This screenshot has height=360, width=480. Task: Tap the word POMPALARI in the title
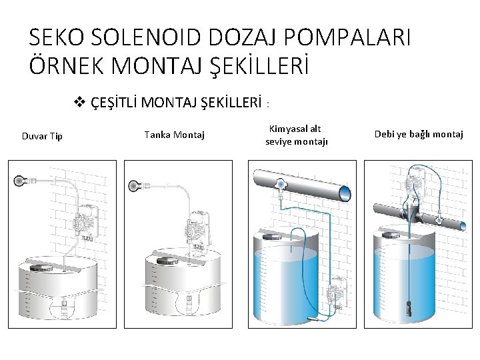(347, 37)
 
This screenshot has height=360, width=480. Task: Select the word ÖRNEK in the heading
(67, 64)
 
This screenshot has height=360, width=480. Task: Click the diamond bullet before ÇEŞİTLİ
(79, 102)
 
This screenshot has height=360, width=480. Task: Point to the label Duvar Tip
(42, 136)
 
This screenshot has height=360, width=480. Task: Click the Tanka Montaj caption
(175, 135)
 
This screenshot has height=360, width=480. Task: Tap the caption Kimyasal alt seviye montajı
(296, 135)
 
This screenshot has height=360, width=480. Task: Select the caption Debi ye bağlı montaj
(419, 134)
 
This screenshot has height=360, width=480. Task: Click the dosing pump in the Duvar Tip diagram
(86, 222)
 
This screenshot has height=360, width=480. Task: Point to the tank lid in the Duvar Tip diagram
(41, 268)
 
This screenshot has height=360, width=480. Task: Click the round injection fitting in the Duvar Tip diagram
(19, 181)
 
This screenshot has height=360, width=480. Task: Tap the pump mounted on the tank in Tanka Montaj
(197, 228)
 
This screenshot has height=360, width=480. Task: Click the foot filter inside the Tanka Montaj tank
(189, 301)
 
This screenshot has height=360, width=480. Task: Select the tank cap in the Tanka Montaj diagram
(168, 261)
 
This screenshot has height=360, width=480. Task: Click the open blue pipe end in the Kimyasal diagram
(345, 193)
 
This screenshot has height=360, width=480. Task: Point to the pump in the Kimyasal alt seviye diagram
(337, 292)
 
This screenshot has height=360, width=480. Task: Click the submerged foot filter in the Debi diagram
(409, 309)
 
